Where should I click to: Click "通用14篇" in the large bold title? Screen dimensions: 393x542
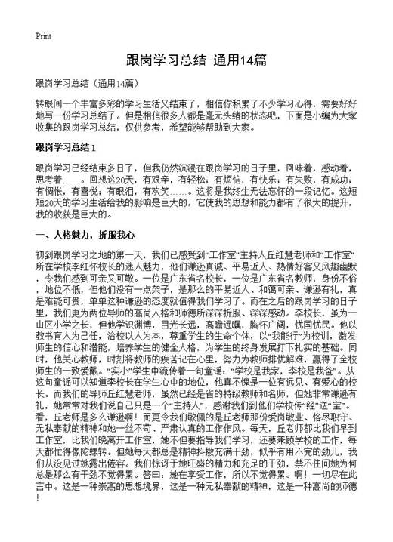[x=240, y=60]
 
